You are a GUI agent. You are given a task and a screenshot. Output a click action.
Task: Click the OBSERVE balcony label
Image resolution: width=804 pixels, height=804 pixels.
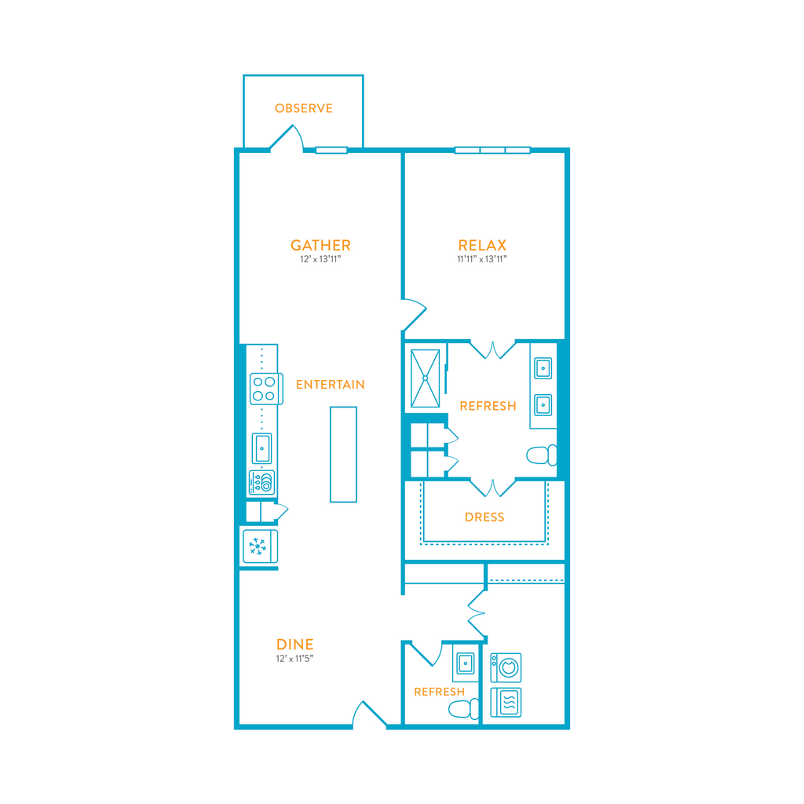[304, 108]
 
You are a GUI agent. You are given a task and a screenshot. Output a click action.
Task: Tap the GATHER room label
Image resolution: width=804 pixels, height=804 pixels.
[320, 245]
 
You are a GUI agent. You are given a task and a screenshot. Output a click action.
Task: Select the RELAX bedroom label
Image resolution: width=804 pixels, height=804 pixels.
[482, 245]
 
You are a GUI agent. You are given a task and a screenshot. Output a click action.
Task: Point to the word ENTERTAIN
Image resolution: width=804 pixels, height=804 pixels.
[331, 385]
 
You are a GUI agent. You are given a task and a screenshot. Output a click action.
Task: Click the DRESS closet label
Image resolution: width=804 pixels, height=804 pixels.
[484, 517]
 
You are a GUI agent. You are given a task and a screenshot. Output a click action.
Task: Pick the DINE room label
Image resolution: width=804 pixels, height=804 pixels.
[295, 645]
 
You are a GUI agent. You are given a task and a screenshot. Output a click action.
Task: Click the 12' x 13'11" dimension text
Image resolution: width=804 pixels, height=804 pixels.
[320, 259]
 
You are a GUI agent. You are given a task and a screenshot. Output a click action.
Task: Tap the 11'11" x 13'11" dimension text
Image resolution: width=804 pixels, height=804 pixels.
[482, 259]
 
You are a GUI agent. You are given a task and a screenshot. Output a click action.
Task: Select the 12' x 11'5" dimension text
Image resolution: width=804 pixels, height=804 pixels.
[295, 659]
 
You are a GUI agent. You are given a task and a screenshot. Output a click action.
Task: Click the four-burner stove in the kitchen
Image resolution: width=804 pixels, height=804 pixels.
[266, 389]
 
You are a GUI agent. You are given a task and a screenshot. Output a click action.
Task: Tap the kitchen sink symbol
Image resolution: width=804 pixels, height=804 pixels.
[262, 448]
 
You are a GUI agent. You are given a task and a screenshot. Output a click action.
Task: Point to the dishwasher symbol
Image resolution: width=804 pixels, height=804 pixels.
[262, 483]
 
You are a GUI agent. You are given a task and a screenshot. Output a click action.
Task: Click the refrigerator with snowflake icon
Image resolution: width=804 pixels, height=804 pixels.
[260, 546]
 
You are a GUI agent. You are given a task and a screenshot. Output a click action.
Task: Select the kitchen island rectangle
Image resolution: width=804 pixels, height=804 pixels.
[344, 455]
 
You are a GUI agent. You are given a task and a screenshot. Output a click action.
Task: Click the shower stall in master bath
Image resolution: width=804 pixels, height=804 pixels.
[425, 378]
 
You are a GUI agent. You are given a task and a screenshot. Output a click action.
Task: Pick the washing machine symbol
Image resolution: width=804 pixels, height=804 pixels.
[506, 667]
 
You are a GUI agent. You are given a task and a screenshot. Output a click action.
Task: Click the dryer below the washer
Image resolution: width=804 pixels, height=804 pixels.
[506, 703]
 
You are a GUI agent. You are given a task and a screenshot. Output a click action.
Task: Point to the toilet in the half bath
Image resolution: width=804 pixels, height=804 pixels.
[463, 709]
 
